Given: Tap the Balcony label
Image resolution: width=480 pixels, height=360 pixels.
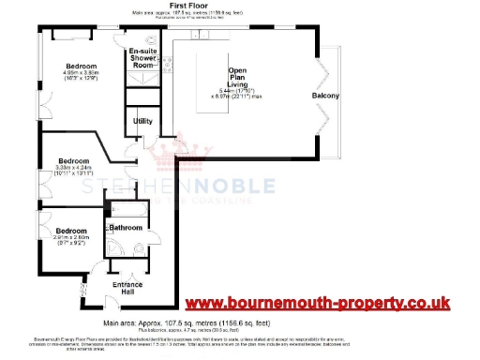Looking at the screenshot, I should [x=325, y=97].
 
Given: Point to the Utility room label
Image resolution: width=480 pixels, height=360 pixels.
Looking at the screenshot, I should [x=142, y=121].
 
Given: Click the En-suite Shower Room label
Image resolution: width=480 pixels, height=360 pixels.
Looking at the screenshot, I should [x=142, y=59].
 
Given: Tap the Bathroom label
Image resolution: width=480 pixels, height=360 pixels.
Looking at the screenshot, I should [x=126, y=228].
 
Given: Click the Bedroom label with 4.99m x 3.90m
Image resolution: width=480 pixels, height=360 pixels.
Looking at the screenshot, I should [x=65, y=39].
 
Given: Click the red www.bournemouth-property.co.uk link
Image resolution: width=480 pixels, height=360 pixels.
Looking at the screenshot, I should [x=317, y=303].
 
